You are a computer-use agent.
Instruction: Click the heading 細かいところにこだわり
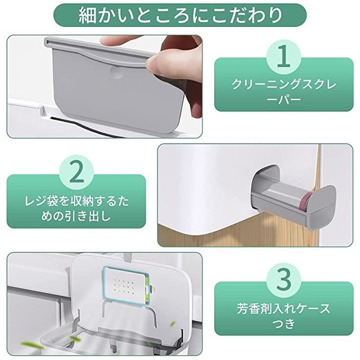pyautogui.click(x=180, y=15)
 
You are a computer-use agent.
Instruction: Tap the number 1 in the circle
pyautogui.click(x=284, y=56)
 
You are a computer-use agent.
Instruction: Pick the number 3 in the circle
pyautogui.click(x=283, y=279)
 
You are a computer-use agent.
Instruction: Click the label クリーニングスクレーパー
pyautogui.click(x=284, y=92)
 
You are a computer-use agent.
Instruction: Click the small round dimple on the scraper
pyautogui.click(x=115, y=71)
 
